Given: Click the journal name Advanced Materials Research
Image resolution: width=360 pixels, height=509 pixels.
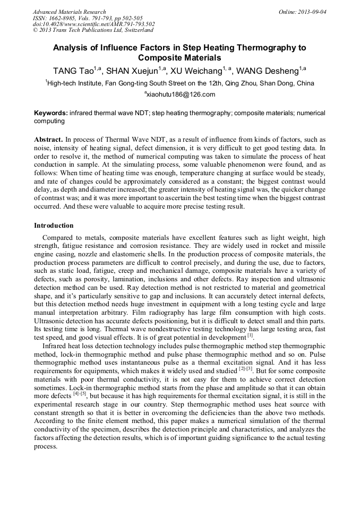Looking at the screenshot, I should pos(69,12).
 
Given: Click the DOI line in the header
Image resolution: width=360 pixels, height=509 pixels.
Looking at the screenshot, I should pos(93,24).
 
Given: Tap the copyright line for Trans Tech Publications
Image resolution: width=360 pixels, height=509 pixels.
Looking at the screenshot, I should pos(93,31).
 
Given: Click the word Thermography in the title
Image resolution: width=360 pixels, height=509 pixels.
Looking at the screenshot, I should pos(262,47).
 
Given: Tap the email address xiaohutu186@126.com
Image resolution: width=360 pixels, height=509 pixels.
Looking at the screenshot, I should pos(181,94).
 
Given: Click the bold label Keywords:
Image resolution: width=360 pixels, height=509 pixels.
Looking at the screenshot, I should pos(51,113).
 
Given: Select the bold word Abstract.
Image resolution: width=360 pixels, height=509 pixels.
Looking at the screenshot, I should pos(48,139).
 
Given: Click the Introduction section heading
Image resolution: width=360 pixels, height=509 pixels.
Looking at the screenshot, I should pos(54,226).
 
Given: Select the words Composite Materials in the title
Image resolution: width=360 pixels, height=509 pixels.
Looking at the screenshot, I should pos(179,58).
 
